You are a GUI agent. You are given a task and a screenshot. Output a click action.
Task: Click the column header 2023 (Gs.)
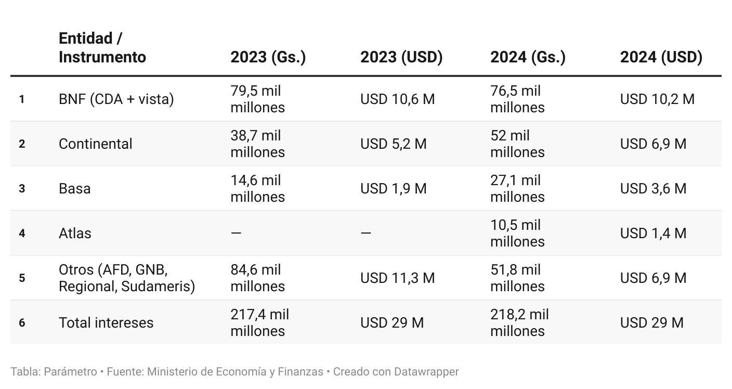pyautogui.click(x=268, y=57)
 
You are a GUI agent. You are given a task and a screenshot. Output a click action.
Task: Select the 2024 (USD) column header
pyautogui.click(x=661, y=57)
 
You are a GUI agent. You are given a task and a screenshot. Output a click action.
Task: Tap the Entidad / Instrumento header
pyautogui.click(x=102, y=48)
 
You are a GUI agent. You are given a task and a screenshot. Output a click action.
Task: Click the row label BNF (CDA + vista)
pyautogui.click(x=116, y=99)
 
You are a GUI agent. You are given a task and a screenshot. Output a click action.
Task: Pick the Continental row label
pyautogui.click(x=96, y=144)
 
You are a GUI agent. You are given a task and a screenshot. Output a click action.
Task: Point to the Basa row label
pyautogui.click(x=74, y=188)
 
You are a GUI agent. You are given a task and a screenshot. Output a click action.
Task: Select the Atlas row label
pyautogui.click(x=75, y=233)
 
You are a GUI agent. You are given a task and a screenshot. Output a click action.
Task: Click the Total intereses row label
pyautogui.click(x=106, y=322)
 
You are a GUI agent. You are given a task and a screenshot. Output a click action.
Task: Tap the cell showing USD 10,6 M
pyautogui.click(x=397, y=99)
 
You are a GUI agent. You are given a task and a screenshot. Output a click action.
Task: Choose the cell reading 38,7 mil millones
pyautogui.click(x=257, y=144)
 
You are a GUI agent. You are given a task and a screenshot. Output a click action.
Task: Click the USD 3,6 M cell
pyautogui.click(x=653, y=188)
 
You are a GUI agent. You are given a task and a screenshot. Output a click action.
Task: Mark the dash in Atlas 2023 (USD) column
pyautogui.click(x=366, y=233)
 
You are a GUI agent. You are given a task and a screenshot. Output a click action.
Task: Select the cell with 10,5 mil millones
pyautogui.click(x=517, y=233)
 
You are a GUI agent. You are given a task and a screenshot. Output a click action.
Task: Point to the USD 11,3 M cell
pyautogui.click(x=397, y=278)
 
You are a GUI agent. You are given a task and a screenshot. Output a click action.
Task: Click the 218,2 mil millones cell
pyautogui.click(x=519, y=322)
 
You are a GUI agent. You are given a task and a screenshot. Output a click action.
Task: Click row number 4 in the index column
pyautogui.click(x=22, y=233)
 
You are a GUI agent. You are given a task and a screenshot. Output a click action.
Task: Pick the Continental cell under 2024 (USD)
pyautogui.click(x=653, y=144)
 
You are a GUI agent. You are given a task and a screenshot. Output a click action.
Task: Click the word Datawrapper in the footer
pyautogui.click(x=426, y=372)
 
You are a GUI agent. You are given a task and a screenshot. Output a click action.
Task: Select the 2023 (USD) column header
pyautogui.click(x=401, y=57)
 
